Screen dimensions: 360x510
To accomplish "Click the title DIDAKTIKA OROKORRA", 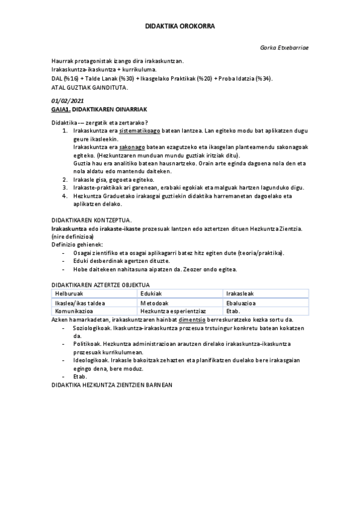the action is pos(180,26).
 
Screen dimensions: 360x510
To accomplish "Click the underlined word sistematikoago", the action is pos(141,130).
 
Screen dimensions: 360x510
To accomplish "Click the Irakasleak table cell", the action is pos(240,292).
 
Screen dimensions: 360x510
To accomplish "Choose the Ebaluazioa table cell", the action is pos(241,303).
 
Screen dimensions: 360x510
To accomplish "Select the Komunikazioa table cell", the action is pos(74,311).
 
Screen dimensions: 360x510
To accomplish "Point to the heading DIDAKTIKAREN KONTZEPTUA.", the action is pos(91,220).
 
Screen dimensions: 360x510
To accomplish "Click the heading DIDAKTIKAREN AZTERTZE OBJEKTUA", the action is pos(100,283).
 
